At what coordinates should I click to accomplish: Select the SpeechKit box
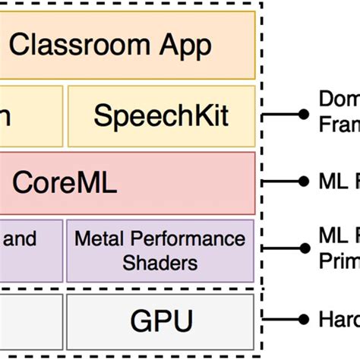point(161,115)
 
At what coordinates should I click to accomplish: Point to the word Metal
point(98,240)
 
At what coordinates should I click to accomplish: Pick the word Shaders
point(160,263)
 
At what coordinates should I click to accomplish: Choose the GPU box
point(160,320)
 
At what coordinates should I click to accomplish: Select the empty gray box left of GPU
point(28,320)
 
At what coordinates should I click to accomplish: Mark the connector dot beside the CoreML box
point(305,183)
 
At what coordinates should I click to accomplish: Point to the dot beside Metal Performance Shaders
point(305,251)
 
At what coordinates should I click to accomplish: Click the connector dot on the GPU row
point(305,319)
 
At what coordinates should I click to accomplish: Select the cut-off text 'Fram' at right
point(339,124)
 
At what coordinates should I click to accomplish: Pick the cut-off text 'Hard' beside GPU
point(339,320)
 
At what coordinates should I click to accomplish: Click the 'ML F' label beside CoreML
point(339,183)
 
